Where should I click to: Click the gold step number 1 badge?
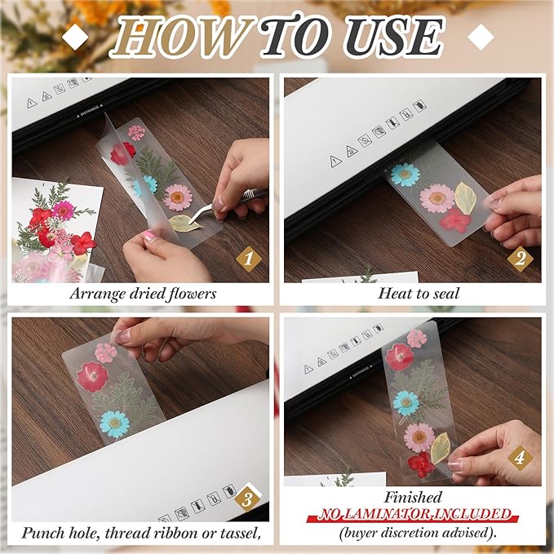coord(248,259)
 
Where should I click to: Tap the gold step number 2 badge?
coord(520,259)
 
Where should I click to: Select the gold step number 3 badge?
coord(247,499)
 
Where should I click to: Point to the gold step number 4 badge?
coord(520,457)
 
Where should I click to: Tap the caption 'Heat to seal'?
coord(419,294)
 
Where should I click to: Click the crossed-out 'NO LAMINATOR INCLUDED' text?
coord(413,515)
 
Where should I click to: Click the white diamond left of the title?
coord(77,37)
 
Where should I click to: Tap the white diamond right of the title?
coord(481,37)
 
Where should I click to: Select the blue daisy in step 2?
coord(405,174)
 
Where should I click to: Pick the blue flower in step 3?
coord(115,423)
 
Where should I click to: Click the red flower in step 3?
coord(92,376)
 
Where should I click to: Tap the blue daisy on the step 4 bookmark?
coord(406,402)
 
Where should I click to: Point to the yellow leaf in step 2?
coord(465,197)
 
